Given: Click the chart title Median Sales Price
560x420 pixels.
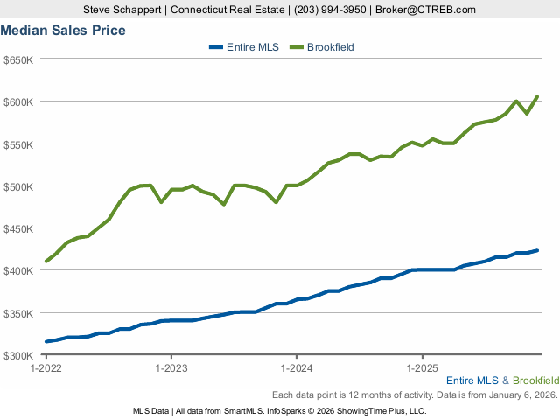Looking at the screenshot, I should (x=63, y=31).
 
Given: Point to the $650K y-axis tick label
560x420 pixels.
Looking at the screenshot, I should (x=18, y=59).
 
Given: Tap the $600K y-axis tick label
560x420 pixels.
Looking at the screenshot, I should (x=18, y=101).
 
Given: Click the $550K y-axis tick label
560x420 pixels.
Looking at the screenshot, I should (x=18, y=143).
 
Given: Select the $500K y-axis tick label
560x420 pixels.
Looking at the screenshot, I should (x=18, y=186).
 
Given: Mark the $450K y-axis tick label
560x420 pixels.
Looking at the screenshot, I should (x=18, y=228).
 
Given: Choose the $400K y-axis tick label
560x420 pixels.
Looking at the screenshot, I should (x=18, y=270).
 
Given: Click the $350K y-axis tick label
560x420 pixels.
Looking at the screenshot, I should (x=18, y=313).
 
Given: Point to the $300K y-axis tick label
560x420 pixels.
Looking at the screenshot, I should (x=18, y=355).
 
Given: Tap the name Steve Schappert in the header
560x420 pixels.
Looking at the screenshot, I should (x=123, y=10).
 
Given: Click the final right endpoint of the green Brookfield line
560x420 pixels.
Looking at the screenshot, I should (x=537, y=96).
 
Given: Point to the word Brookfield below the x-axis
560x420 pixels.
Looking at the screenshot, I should (x=536, y=381).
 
